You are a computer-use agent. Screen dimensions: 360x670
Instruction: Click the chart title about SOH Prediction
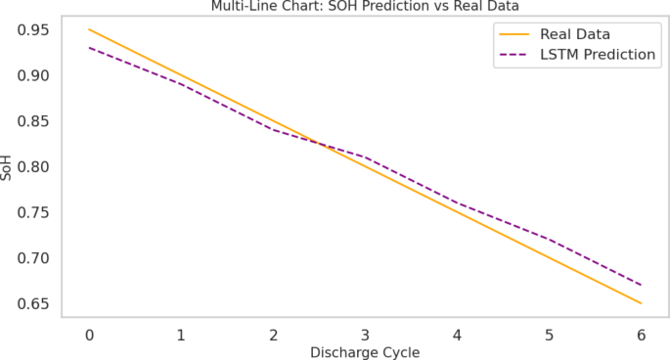tap(365, 7)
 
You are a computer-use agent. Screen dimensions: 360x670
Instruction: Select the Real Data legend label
tap(575, 34)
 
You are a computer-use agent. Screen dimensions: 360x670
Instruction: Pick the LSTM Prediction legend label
tap(597, 55)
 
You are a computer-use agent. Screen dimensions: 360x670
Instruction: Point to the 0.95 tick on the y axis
tap(36, 29)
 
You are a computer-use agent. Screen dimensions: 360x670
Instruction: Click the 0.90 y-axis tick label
tap(36, 75)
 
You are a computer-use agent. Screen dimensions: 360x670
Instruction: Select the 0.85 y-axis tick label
tap(36, 121)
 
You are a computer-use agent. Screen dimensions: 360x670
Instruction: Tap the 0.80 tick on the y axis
tap(36, 167)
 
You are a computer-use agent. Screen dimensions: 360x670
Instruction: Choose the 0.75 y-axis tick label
tap(36, 212)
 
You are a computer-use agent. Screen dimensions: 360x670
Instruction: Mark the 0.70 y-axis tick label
tap(36, 258)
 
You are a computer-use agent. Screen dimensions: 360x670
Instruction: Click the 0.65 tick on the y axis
tap(36, 304)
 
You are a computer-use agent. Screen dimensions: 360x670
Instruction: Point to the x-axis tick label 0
tap(89, 335)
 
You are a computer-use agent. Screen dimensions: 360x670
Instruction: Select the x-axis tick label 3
tap(365, 335)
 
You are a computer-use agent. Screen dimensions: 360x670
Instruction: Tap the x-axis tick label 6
tap(642, 335)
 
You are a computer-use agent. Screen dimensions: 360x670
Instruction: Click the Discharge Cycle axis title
tap(365, 352)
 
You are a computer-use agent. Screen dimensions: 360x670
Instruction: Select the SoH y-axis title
tap(9, 166)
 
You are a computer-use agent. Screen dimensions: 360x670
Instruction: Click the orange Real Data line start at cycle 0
tap(89, 29)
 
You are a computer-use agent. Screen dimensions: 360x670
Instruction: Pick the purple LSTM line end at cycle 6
tap(642, 285)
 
